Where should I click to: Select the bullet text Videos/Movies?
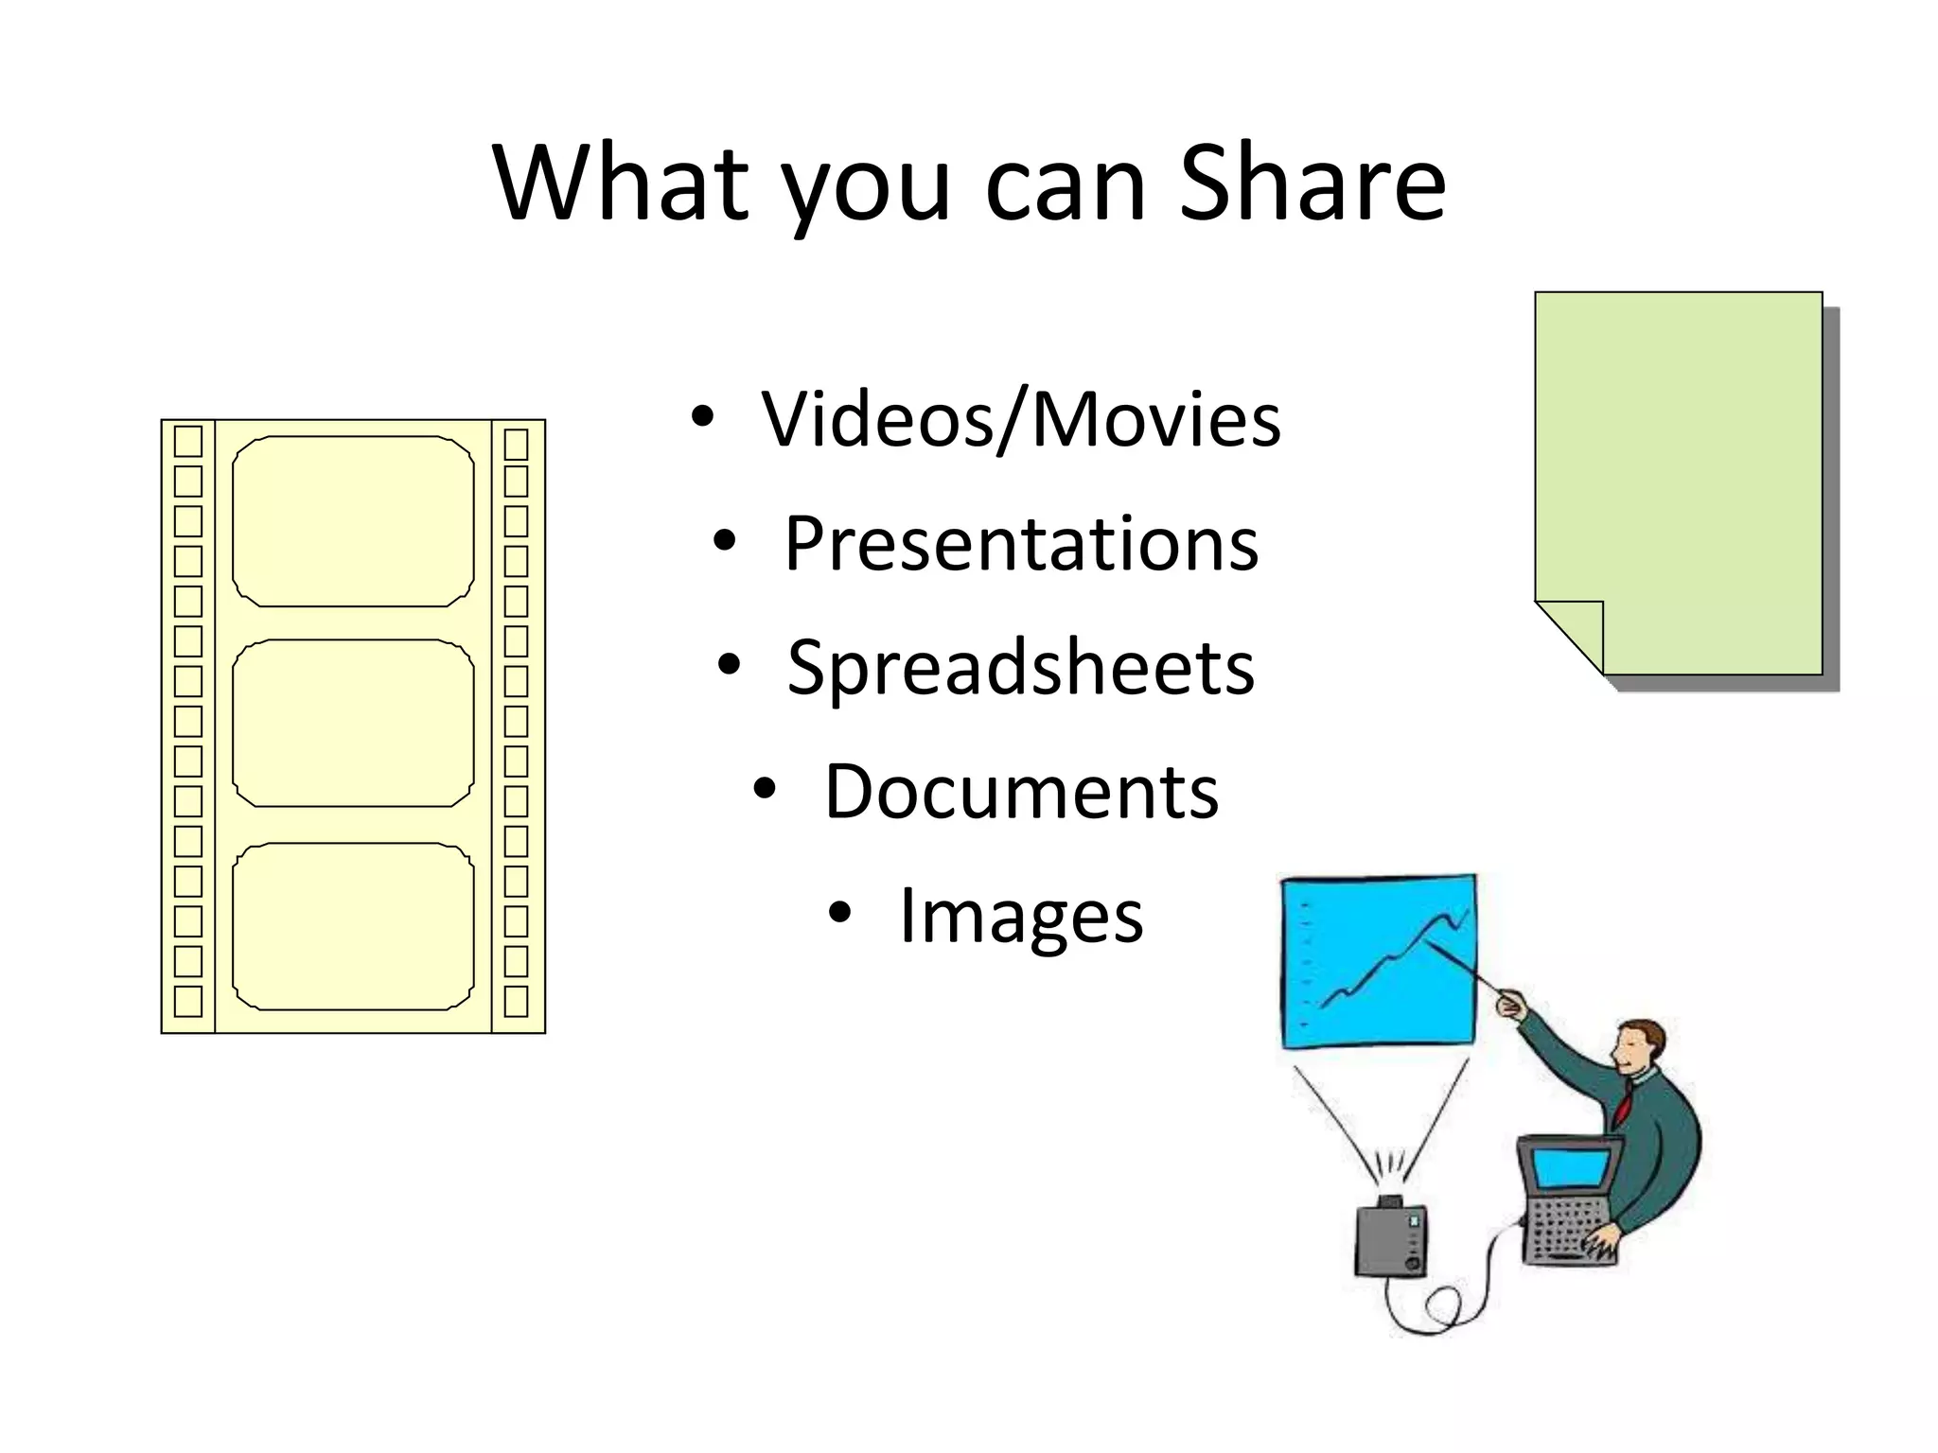pos(1021,419)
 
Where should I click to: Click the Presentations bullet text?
pos(1021,544)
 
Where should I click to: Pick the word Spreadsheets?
pos(1020,669)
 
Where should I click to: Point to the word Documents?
pos(1021,792)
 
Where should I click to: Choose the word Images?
pos(1021,916)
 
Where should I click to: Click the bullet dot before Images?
pos(840,913)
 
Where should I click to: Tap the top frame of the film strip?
pos(353,521)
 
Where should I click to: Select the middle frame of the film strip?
pos(353,724)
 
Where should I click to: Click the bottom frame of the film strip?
pos(353,926)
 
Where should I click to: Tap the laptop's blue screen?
pos(1571,1169)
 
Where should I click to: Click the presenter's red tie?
pos(1624,1101)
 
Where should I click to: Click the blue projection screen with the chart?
pos(1378,961)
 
